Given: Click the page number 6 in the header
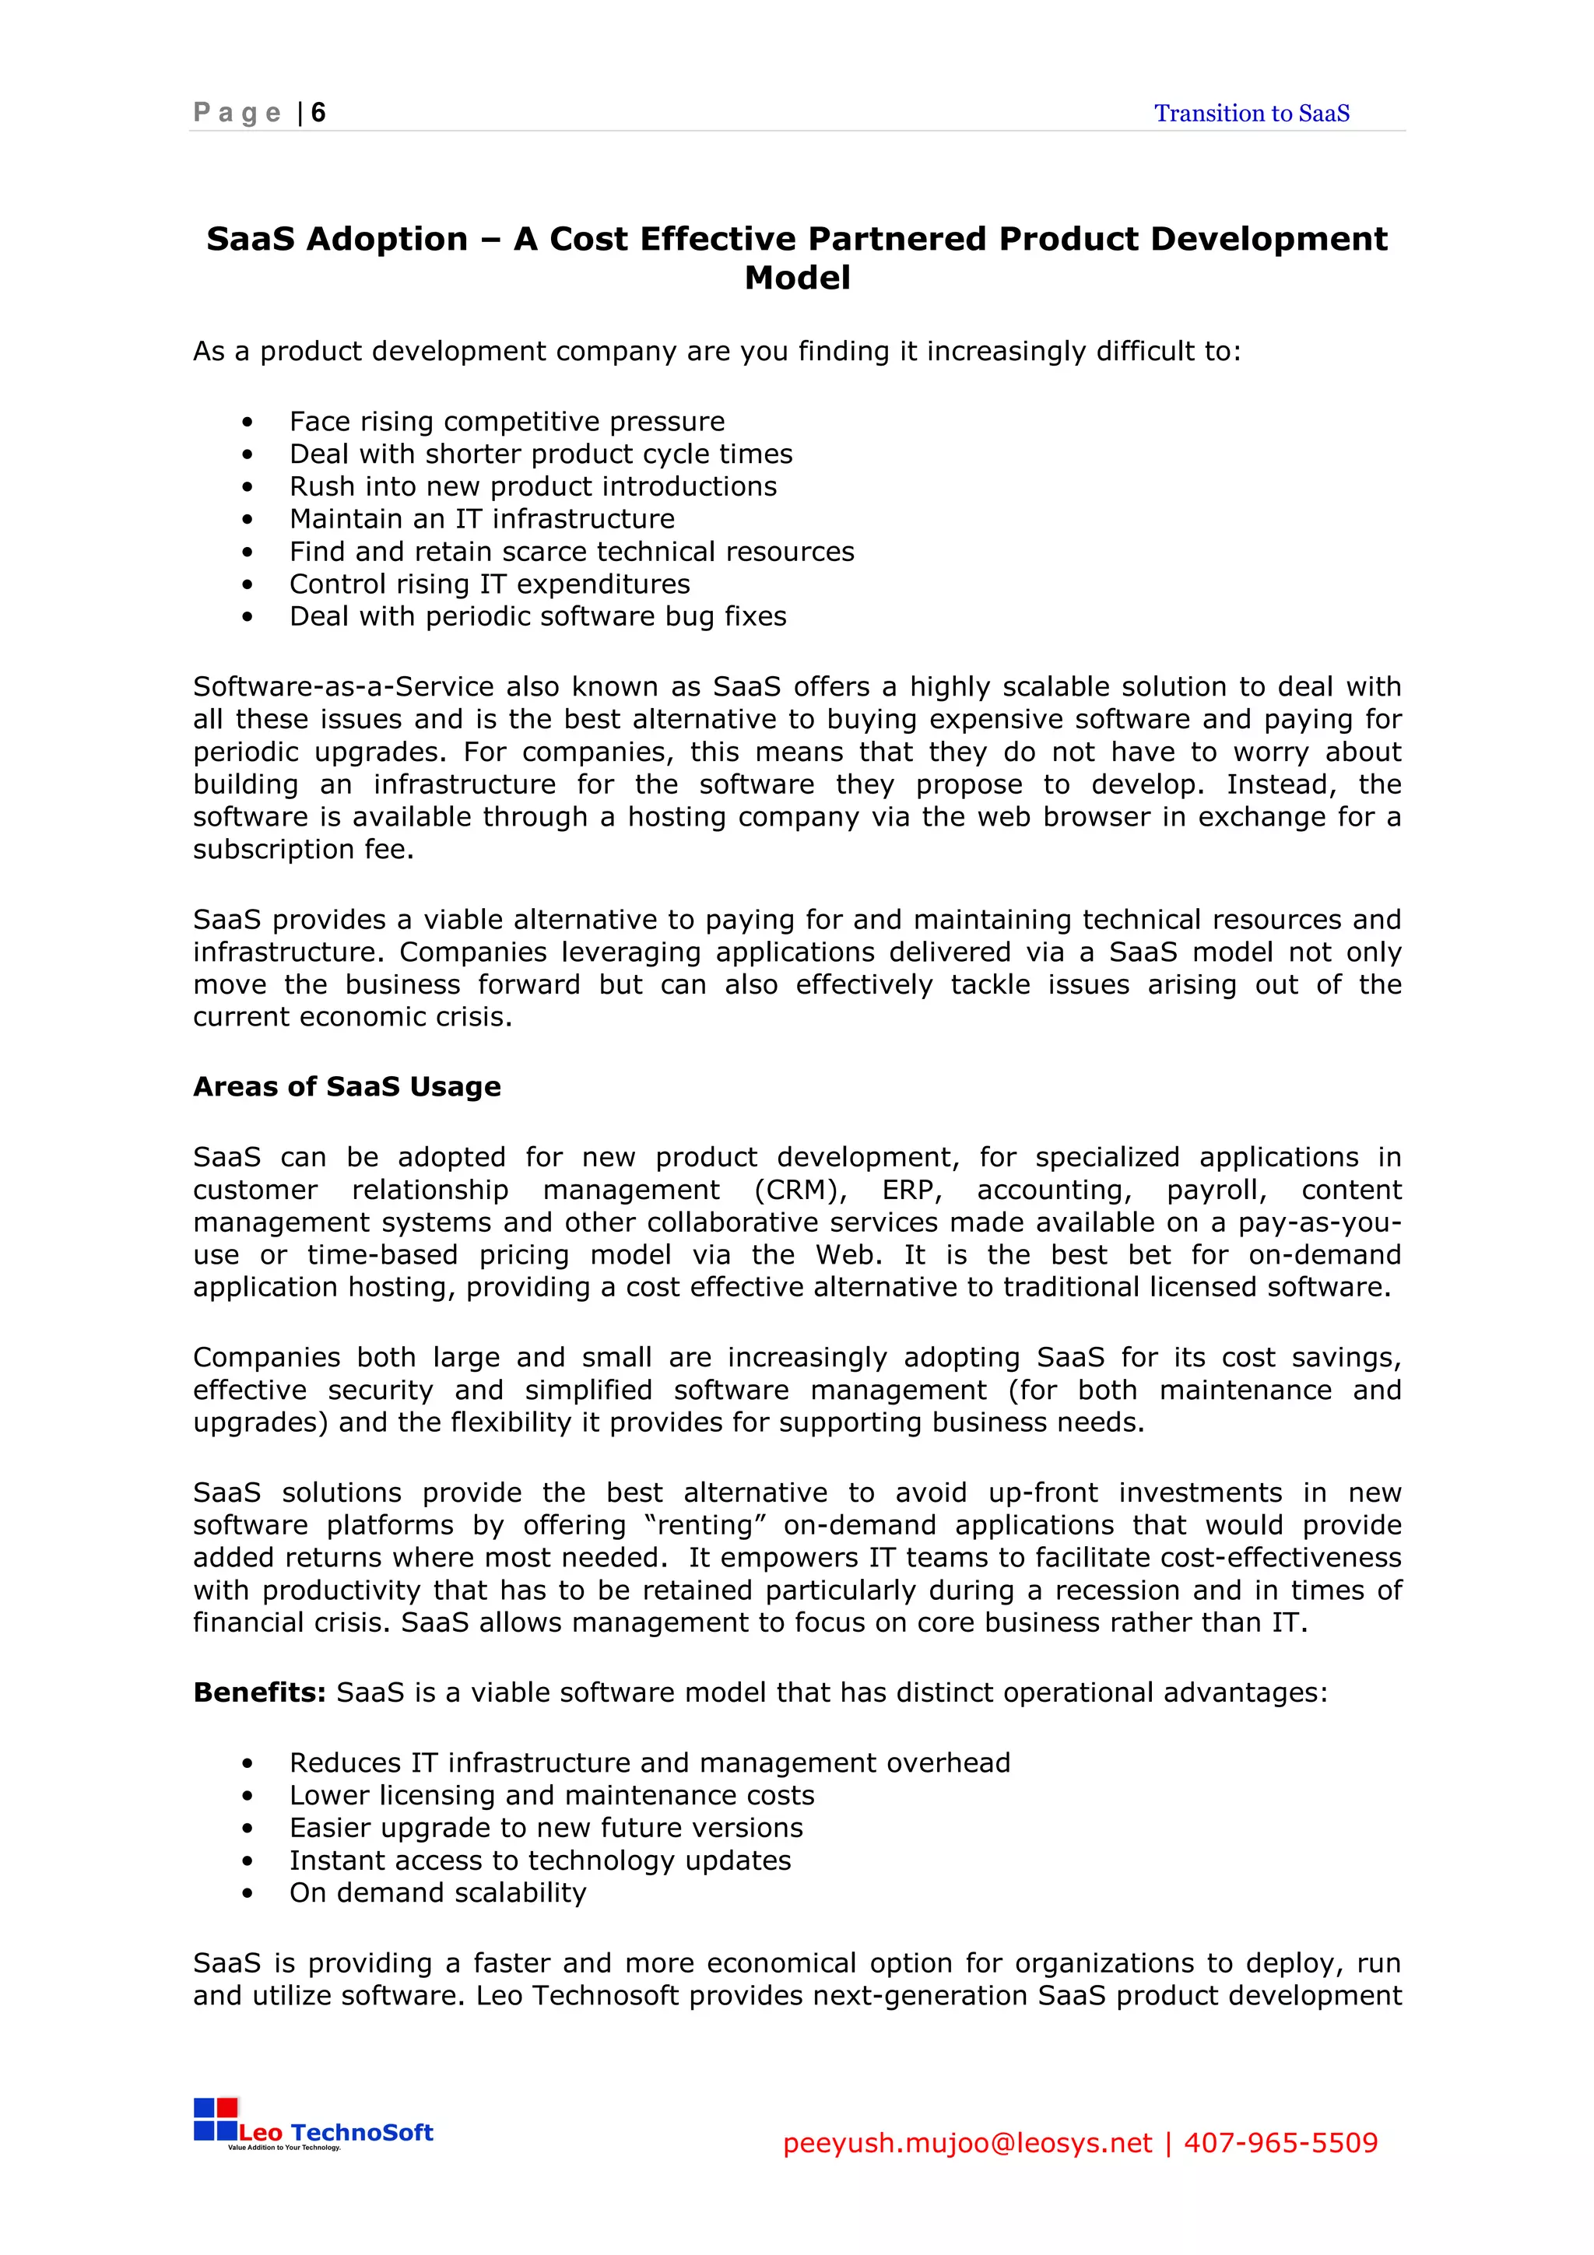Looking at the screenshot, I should pyautogui.click(x=318, y=113).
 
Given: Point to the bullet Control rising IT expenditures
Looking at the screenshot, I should pyautogui.click(x=489, y=584).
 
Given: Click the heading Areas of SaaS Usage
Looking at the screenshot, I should pyautogui.click(x=346, y=1086).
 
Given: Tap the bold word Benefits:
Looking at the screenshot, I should pyautogui.click(x=259, y=1692).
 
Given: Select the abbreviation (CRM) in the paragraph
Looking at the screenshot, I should pyautogui.click(x=800, y=1191).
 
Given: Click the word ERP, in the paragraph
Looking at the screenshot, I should pyautogui.click(x=911, y=1191).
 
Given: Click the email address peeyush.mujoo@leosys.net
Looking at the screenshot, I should pyautogui.click(x=967, y=2143).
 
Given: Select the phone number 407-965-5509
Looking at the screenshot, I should pyautogui.click(x=1280, y=2143).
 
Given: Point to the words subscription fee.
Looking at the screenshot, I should pyautogui.click(x=303, y=850).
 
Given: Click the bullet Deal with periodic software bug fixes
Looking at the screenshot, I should pyautogui.click(x=537, y=617).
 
